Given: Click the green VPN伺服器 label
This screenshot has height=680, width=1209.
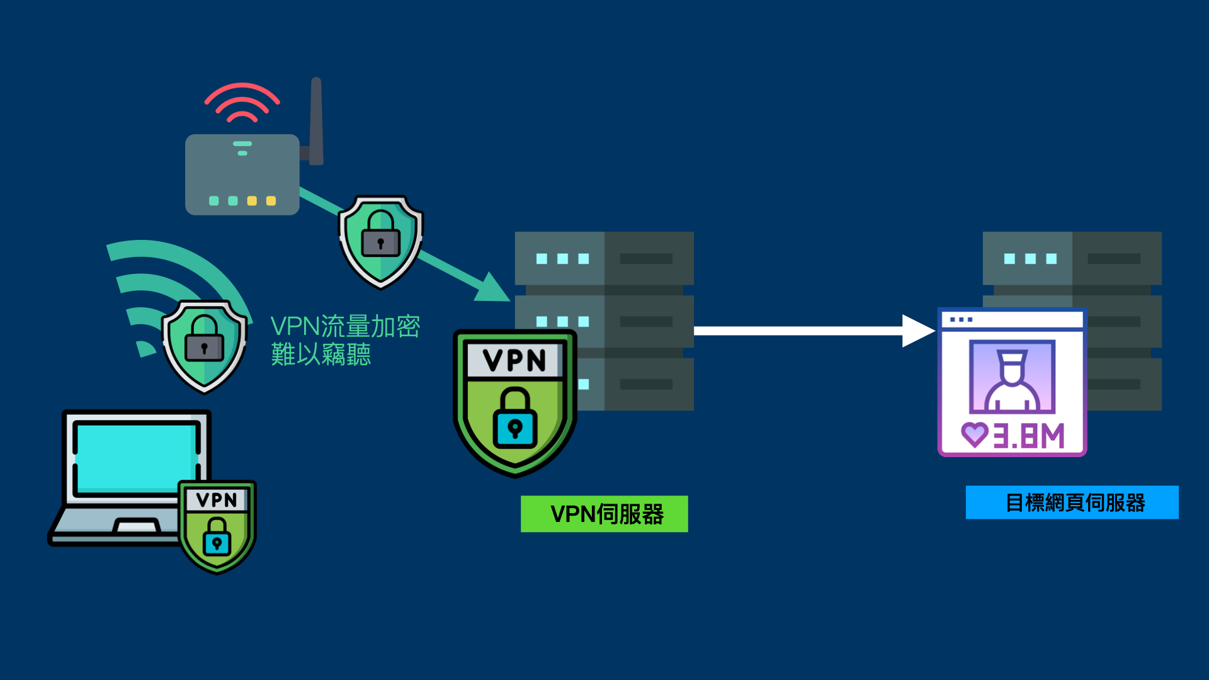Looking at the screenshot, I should click(x=604, y=514).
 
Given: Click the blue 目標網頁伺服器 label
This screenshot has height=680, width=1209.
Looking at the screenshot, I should click(x=1072, y=502).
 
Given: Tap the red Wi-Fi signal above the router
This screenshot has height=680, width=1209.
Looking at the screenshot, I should click(x=242, y=102).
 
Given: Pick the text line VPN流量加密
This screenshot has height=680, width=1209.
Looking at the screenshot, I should click(x=345, y=326).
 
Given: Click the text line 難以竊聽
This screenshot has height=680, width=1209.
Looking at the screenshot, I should click(x=321, y=354).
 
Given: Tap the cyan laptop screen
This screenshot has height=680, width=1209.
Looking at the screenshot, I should click(x=135, y=456).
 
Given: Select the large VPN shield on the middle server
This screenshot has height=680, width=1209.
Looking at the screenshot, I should click(x=514, y=403).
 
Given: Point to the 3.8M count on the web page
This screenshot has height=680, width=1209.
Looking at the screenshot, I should click(x=1028, y=436).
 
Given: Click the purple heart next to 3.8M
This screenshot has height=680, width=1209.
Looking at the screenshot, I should click(x=974, y=434).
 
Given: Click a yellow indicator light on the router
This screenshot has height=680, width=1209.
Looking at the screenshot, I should click(x=252, y=201).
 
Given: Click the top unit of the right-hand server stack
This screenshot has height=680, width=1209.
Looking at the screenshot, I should click(x=1072, y=258).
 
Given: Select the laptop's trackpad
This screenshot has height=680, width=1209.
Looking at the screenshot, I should click(x=136, y=526).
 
